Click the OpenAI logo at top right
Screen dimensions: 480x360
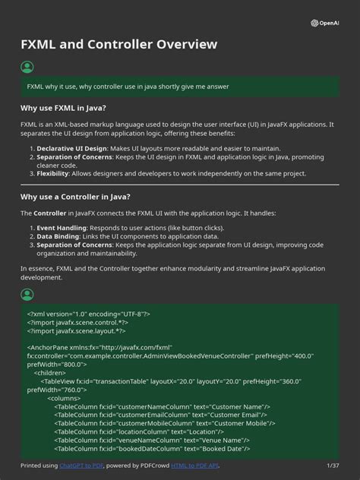point(325,23)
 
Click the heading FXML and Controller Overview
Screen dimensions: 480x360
point(118,45)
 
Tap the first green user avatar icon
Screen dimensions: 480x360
point(27,68)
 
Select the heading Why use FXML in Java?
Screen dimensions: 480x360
point(63,108)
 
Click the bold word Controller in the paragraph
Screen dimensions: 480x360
point(50,213)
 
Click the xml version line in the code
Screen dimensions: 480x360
point(89,314)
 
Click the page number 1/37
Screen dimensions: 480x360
point(333,465)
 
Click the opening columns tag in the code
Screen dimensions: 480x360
point(64,398)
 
